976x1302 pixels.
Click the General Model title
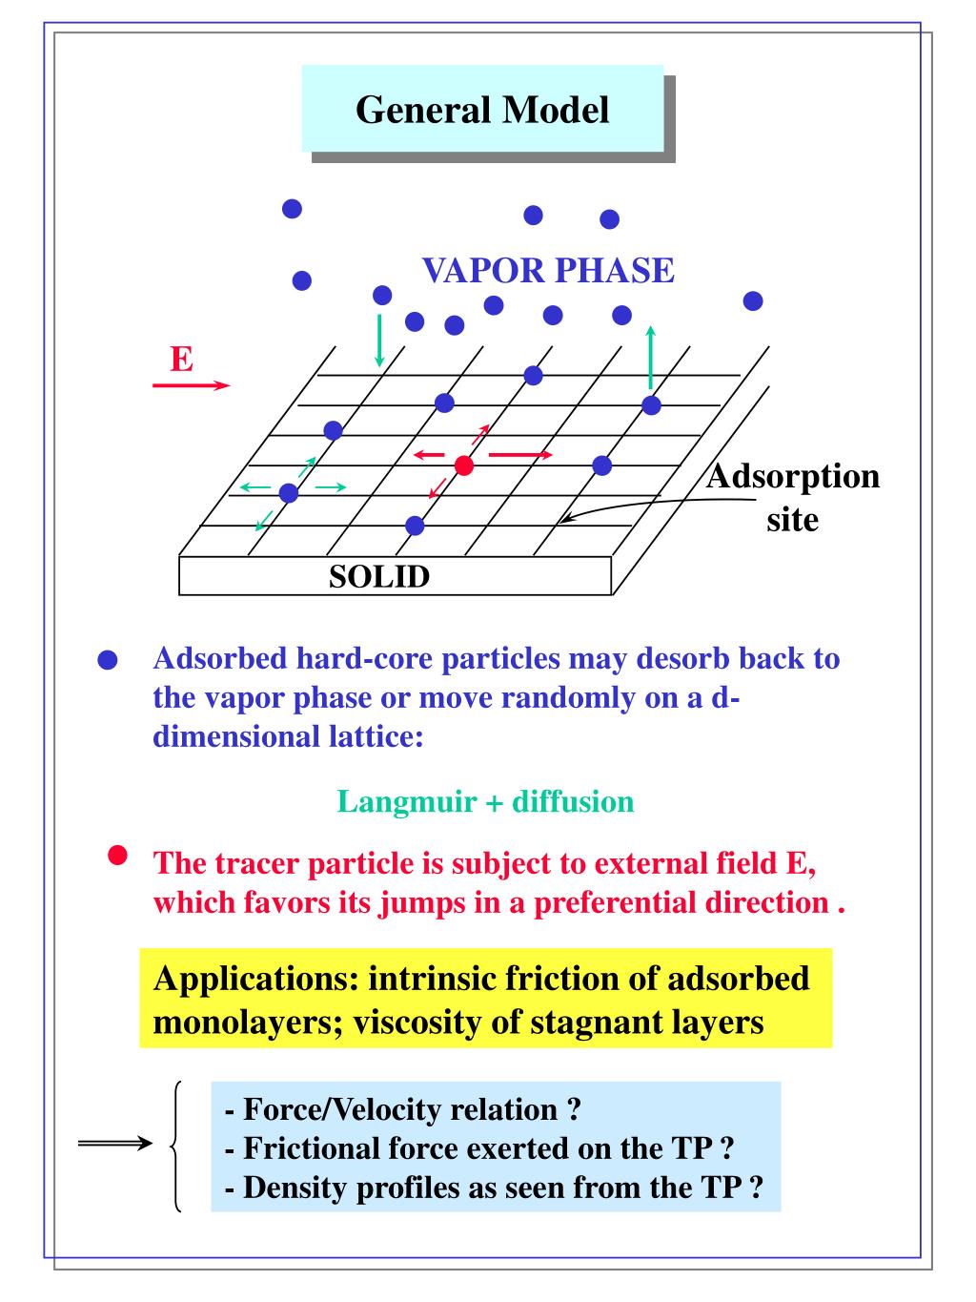point(482,110)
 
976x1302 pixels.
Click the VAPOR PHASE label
point(548,271)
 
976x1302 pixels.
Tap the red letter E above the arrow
point(181,360)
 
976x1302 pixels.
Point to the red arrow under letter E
point(191,385)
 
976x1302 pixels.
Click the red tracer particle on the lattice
point(464,465)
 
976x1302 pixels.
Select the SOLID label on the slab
point(379,576)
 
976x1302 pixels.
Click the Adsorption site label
point(793,497)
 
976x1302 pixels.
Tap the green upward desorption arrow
point(651,358)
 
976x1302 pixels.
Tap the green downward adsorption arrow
point(380,340)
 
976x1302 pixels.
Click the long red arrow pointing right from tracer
point(519,455)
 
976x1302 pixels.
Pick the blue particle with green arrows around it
point(289,492)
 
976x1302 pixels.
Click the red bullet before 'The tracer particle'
point(117,856)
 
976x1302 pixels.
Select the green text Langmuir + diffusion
point(485,800)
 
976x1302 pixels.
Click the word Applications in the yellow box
point(254,979)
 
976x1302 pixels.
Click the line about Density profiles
point(495,1188)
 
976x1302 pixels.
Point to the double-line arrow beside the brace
point(114,1144)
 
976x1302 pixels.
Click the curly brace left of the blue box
point(176,1146)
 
